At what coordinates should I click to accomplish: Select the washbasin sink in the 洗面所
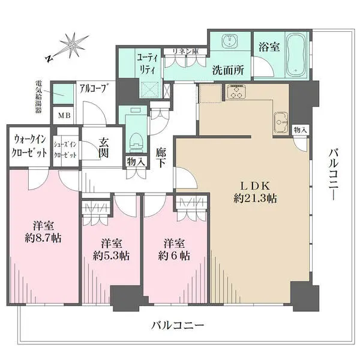[x=229, y=41]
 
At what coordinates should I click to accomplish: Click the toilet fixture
[x=136, y=142]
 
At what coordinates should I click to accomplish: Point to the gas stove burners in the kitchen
[x=236, y=92]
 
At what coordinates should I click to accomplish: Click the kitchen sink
[x=281, y=122]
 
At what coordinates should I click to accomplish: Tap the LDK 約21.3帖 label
[x=256, y=192]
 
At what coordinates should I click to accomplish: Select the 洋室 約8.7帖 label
[x=43, y=232]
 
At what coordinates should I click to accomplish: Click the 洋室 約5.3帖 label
[x=112, y=249]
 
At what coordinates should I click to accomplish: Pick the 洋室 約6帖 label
[x=174, y=249]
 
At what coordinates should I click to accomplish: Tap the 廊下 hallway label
[x=160, y=157]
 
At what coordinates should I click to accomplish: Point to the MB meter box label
[x=65, y=115]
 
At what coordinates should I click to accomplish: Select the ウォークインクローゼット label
[x=29, y=146]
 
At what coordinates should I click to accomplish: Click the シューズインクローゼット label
[x=65, y=149]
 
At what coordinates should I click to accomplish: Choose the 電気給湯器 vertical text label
[x=38, y=97]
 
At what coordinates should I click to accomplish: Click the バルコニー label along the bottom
[x=178, y=325]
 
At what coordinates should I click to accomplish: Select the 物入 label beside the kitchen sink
[x=300, y=130]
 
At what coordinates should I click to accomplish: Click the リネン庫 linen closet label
[x=186, y=52]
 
